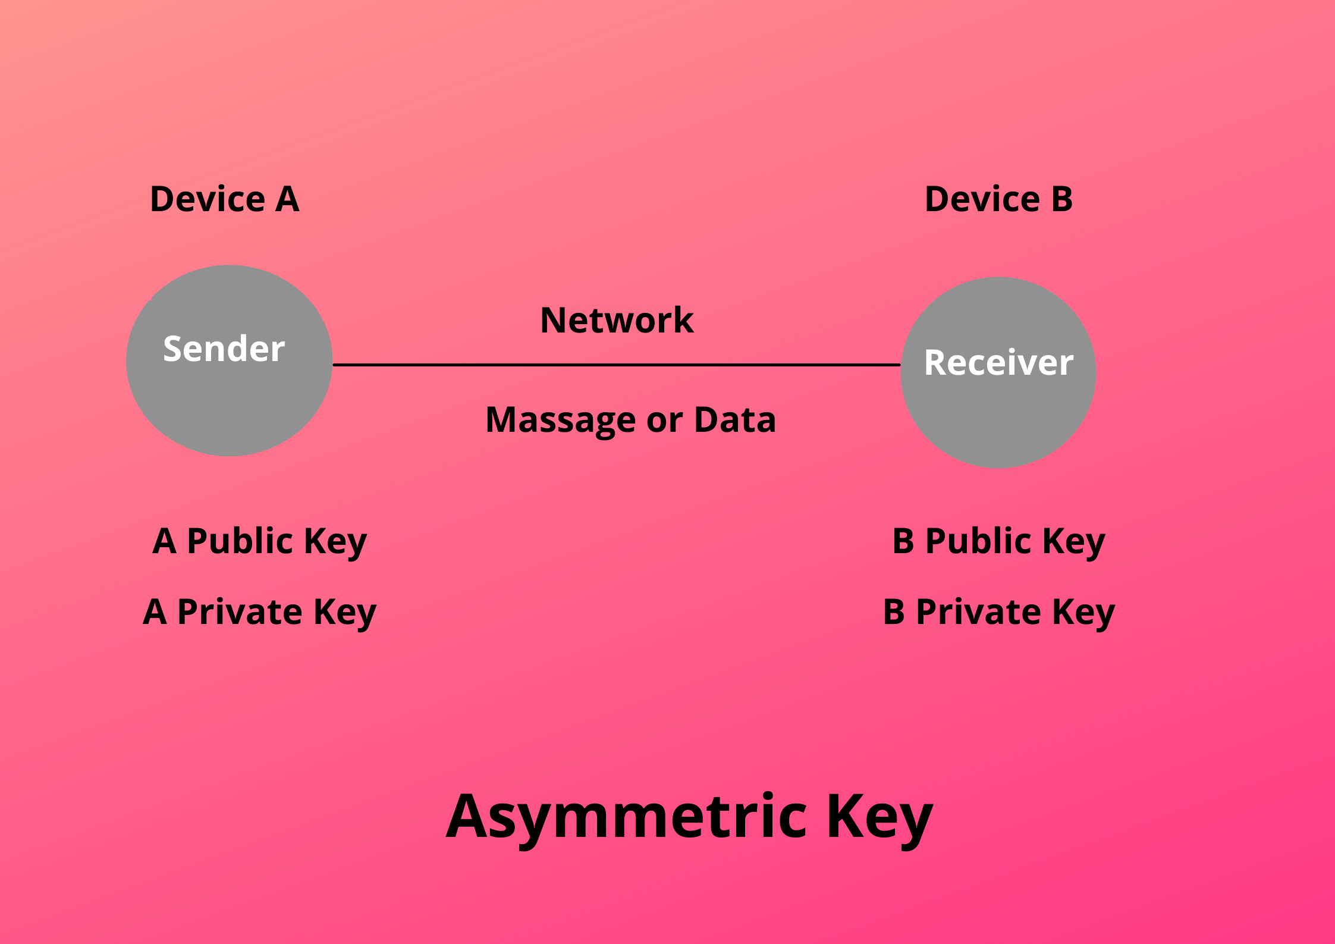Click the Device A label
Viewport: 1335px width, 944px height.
coord(224,199)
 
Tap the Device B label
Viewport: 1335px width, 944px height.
coord(998,199)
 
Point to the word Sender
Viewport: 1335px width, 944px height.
coord(224,349)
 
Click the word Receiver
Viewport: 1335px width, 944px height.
coord(998,362)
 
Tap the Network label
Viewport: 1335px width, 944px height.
coord(617,320)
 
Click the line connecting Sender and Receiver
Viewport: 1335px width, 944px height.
coord(616,365)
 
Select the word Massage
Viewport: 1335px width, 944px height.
coord(561,420)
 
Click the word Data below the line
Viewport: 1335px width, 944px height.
coord(735,419)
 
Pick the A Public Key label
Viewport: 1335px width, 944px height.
coord(259,541)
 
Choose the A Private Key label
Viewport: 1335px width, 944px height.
coord(259,612)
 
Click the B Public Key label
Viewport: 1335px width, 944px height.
coord(998,541)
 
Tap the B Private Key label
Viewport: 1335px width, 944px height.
coord(998,612)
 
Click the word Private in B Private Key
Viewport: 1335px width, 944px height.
coord(978,611)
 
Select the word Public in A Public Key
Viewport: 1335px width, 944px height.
coord(240,541)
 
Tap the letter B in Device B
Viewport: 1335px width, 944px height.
coord(1061,199)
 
